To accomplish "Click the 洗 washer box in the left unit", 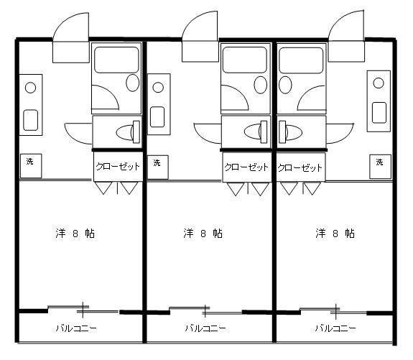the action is [x=31, y=165].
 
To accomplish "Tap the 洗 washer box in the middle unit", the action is [x=158, y=167].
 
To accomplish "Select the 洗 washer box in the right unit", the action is [x=380, y=167].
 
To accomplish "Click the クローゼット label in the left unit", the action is [x=118, y=166].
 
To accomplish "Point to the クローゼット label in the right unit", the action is [x=300, y=167].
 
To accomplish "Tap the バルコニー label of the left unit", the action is [x=76, y=328].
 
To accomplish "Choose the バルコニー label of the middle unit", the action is [x=205, y=328].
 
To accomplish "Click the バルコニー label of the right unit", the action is [x=335, y=328].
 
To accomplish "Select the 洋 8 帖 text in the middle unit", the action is [x=203, y=234].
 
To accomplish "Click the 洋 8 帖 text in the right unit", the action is [x=335, y=234].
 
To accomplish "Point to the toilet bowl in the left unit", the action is [x=124, y=132].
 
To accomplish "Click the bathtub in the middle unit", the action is [x=245, y=60].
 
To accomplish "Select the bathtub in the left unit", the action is [x=116, y=60].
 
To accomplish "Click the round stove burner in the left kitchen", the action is [x=31, y=88].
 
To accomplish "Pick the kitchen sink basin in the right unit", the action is [x=379, y=113].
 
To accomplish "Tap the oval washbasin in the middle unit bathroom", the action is [x=261, y=85].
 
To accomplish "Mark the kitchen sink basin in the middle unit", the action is [x=157, y=116].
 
